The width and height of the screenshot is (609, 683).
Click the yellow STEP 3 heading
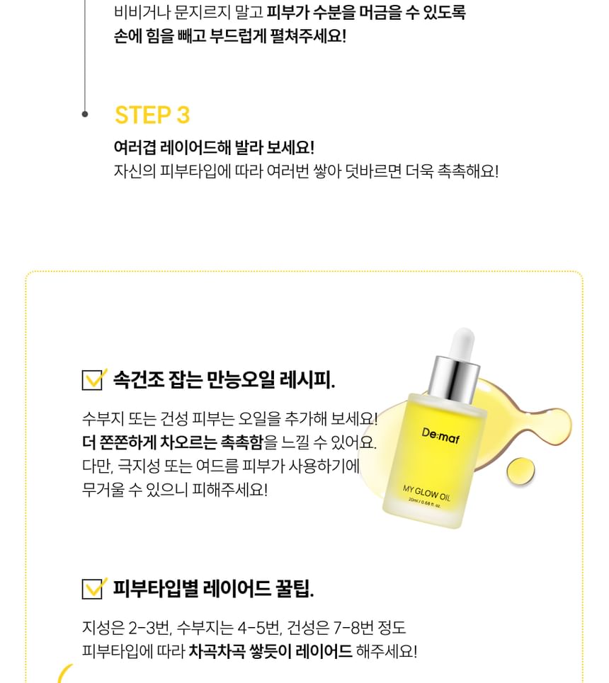[152, 115]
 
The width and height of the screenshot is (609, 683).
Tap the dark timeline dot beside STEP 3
[84, 114]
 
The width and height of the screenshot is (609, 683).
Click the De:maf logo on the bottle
[440, 435]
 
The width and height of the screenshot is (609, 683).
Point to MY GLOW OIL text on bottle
[426, 493]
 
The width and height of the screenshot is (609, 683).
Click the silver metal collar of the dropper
[453, 379]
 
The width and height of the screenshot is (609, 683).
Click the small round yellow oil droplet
[520, 471]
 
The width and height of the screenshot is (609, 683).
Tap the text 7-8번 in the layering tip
[352, 628]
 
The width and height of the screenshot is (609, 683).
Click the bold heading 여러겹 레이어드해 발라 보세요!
[214, 147]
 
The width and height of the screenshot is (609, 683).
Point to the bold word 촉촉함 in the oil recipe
[242, 442]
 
